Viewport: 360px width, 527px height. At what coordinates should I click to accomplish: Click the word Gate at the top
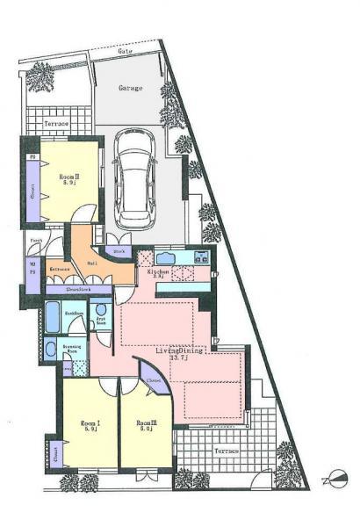[126, 51]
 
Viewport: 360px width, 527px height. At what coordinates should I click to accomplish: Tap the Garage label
[132, 89]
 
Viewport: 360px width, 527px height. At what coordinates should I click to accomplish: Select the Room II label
[69, 178]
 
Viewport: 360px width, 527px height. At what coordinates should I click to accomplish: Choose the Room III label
[146, 426]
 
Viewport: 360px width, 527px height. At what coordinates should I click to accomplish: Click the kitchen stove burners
[200, 256]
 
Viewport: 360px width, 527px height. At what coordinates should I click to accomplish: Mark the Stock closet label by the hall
[119, 252]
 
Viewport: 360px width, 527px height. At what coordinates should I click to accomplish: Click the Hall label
[92, 262]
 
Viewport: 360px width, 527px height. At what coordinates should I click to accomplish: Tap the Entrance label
[60, 269]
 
